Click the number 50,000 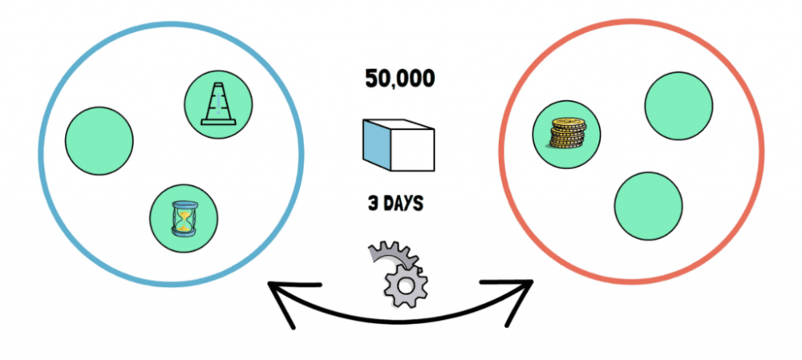click(x=399, y=79)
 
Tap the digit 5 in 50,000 click(x=371, y=79)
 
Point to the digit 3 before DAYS click(x=373, y=203)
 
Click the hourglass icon click(x=184, y=218)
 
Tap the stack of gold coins click(x=567, y=133)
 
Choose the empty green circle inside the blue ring click(x=99, y=141)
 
